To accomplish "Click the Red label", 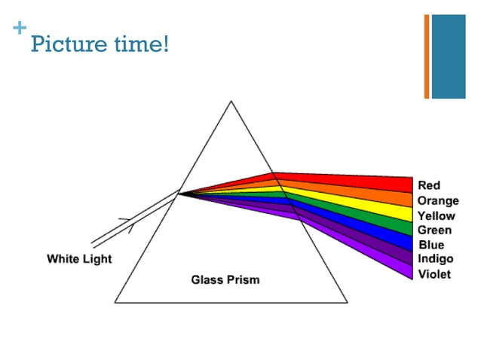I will pyautogui.click(x=429, y=185).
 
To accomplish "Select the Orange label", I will pyautogui.click(x=437, y=201).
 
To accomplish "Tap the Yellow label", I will pyautogui.click(x=436, y=216).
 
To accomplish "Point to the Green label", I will pyautogui.click(x=434, y=230).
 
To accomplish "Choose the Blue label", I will pyautogui.click(x=430, y=245).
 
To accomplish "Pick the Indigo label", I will pyautogui.click(x=435, y=259).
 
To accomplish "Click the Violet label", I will pyautogui.click(x=434, y=274).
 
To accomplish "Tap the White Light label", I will pyautogui.click(x=79, y=259).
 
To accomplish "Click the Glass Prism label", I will pyautogui.click(x=225, y=280).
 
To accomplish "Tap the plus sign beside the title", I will pyautogui.click(x=19, y=28).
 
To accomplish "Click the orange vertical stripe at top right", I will pyautogui.click(x=427, y=56).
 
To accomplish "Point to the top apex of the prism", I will pyautogui.click(x=231, y=101).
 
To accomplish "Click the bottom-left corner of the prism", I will pyautogui.click(x=115, y=302).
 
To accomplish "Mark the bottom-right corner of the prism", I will pyautogui.click(x=348, y=302).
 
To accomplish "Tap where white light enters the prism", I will pyautogui.click(x=179, y=194).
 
